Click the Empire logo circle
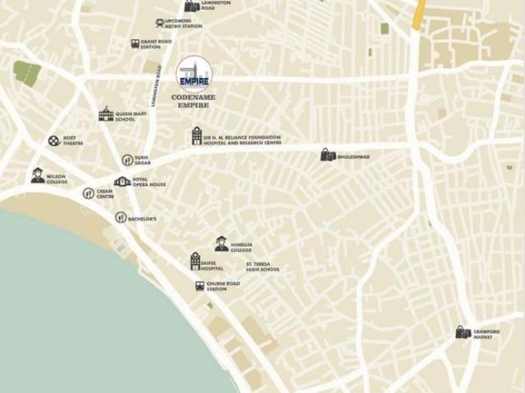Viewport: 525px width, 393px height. pyautogui.click(x=194, y=74)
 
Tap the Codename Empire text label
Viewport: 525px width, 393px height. pyautogui.click(x=194, y=100)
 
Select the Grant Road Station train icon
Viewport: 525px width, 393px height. pyautogui.click(x=135, y=43)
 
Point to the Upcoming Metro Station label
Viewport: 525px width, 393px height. pyautogui.click(x=183, y=24)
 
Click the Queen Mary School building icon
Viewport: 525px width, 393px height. pyautogui.click(x=105, y=114)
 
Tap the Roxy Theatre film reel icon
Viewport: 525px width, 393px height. pyautogui.click(x=53, y=141)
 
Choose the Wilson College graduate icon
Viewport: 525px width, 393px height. pyautogui.click(x=38, y=175)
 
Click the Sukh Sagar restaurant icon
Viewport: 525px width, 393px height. pyautogui.click(x=127, y=160)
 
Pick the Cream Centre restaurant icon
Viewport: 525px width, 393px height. pyautogui.click(x=88, y=194)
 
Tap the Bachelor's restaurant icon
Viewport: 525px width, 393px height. pyautogui.click(x=121, y=217)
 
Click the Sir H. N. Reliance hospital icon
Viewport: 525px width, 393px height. pyautogui.click(x=197, y=136)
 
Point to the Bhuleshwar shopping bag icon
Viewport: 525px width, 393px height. pyautogui.click(x=327, y=154)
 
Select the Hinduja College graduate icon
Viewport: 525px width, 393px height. pyautogui.click(x=221, y=244)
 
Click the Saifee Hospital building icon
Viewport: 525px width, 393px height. pyautogui.click(x=195, y=261)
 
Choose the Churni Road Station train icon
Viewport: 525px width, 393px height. pyautogui.click(x=199, y=286)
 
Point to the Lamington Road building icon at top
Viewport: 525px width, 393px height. pyautogui.click(x=191, y=6)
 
